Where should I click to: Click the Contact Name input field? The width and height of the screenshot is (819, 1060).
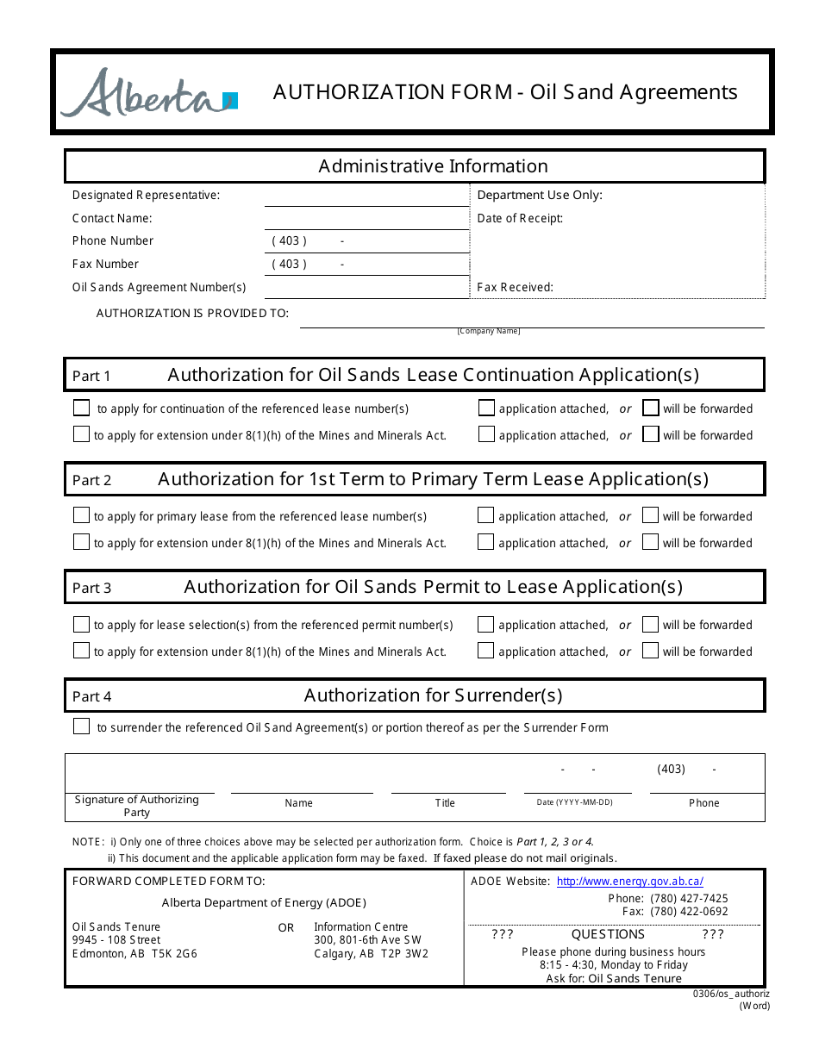pos(366,218)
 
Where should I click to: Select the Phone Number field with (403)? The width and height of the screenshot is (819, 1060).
pos(366,241)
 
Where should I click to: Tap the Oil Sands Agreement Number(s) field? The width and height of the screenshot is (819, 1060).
pos(366,287)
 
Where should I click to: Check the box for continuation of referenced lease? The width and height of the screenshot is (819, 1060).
pos(81,408)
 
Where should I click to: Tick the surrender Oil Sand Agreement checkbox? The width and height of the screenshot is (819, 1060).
pos(81,726)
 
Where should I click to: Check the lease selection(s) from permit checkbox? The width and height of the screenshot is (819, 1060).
pos(81,624)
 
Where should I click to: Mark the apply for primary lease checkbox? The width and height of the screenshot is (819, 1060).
pos(81,515)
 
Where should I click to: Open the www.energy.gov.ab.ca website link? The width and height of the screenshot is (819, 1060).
pos(629,881)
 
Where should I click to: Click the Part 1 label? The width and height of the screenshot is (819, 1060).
pos(91,376)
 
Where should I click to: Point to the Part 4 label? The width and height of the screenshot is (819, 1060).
pos(91,696)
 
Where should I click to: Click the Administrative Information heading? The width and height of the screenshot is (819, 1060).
pos(433,166)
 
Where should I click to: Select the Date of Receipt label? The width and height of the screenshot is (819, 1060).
pos(520,218)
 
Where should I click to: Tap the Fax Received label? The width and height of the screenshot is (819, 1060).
pos(515,287)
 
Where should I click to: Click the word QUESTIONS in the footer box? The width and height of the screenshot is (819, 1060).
pos(608,934)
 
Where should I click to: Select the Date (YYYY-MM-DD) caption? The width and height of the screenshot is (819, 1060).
pos(574,802)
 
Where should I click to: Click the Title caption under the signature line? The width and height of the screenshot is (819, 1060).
pos(445,803)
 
